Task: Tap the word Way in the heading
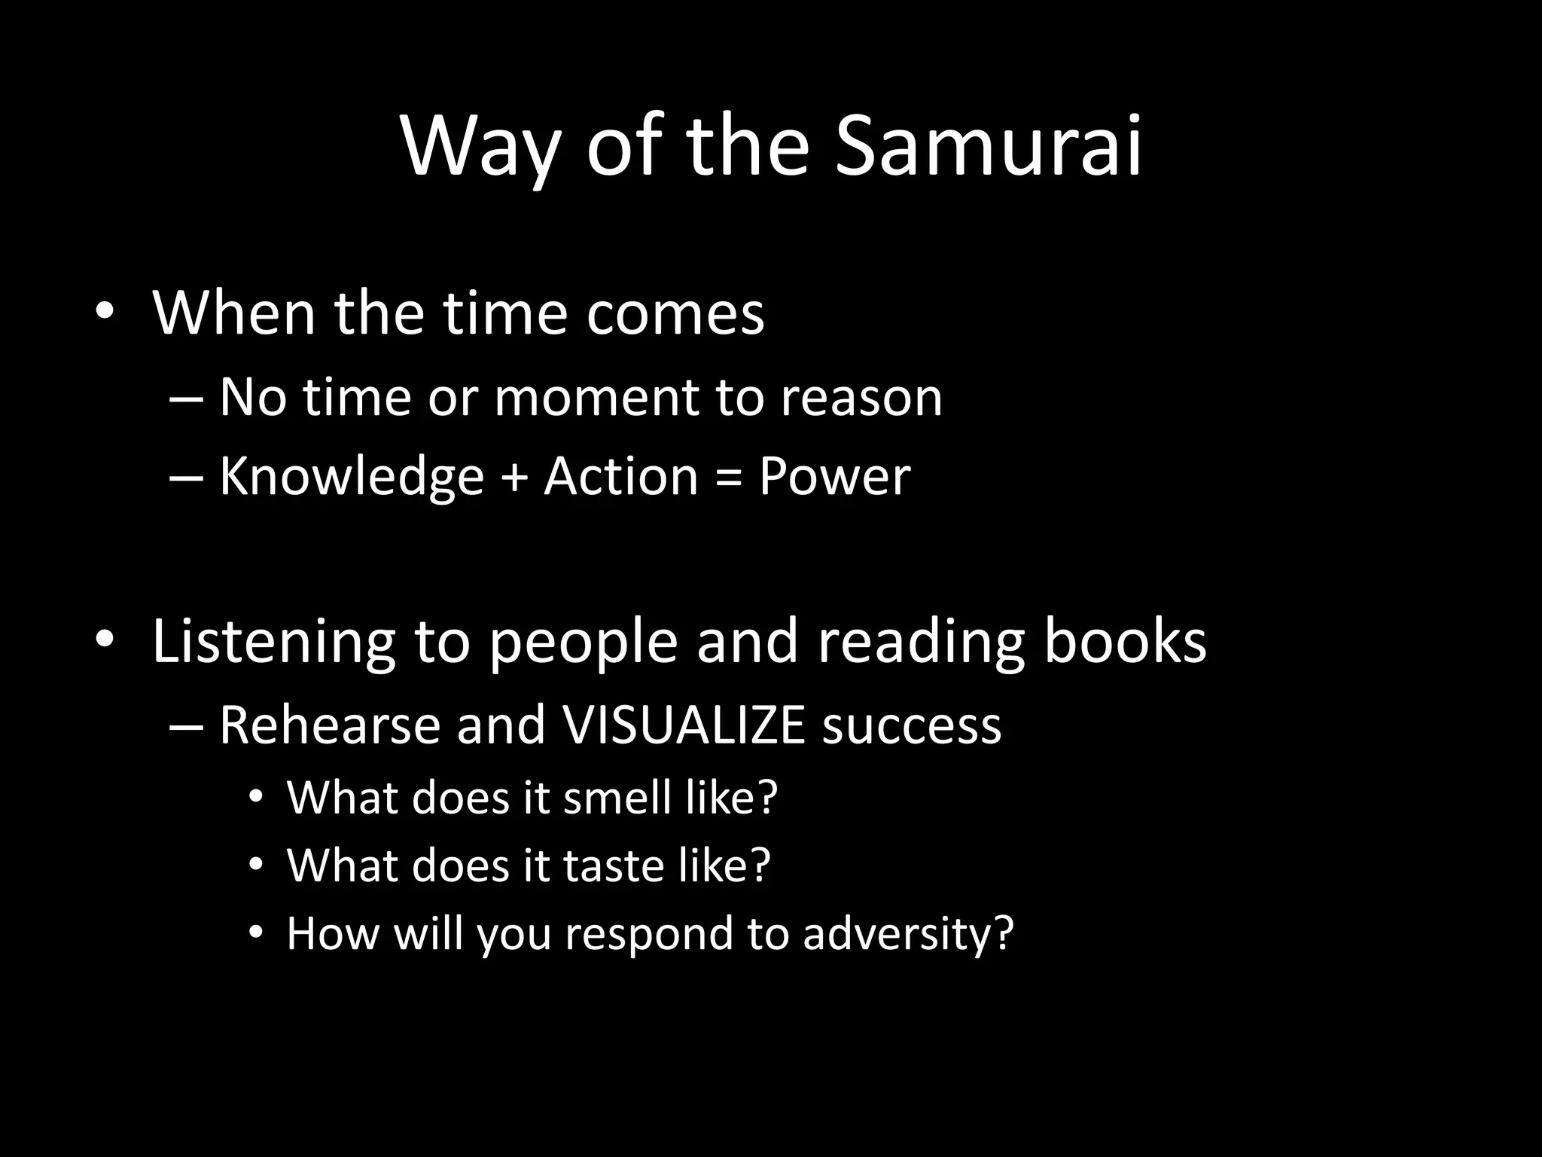[480, 148]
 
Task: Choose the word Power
[834, 478]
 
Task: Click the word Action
[621, 477]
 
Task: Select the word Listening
[273, 642]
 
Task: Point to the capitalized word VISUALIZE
[684, 725]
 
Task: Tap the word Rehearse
[329, 725]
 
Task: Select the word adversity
[908, 934]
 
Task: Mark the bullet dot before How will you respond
[256, 933]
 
